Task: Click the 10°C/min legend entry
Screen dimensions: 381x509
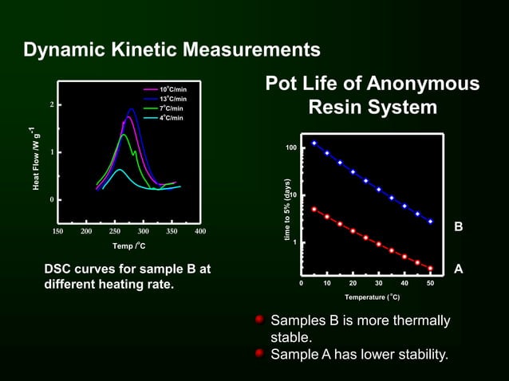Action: pyautogui.click(x=173, y=89)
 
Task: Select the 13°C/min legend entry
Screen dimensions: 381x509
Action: pyautogui.click(x=173, y=99)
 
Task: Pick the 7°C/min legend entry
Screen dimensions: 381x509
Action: pyautogui.click(x=172, y=108)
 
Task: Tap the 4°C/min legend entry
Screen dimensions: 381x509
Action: pyautogui.click(x=172, y=118)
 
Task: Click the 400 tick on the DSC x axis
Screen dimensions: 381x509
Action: pyautogui.click(x=200, y=231)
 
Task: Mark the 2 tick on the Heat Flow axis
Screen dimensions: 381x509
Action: pyautogui.click(x=52, y=104)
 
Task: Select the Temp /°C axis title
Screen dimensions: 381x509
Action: pyautogui.click(x=128, y=245)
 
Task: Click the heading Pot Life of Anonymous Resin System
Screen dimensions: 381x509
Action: pyautogui.click(x=373, y=96)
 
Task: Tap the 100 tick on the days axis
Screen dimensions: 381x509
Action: pyautogui.click(x=290, y=148)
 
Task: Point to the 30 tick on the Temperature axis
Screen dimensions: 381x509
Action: pyautogui.click(x=378, y=283)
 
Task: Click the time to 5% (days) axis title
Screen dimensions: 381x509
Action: pyautogui.click(x=286, y=211)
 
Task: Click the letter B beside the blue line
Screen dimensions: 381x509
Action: pyautogui.click(x=459, y=228)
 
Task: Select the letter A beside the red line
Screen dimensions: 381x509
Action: pyautogui.click(x=459, y=269)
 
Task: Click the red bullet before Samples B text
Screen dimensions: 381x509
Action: pyautogui.click(x=260, y=320)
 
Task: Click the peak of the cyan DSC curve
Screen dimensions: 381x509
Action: pyautogui.click(x=120, y=169)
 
